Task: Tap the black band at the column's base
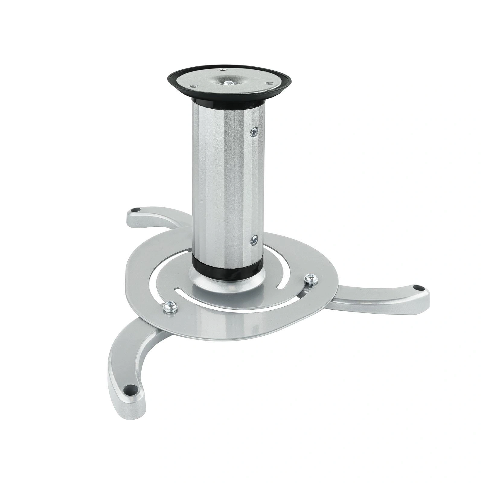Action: [x=228, y=268]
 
